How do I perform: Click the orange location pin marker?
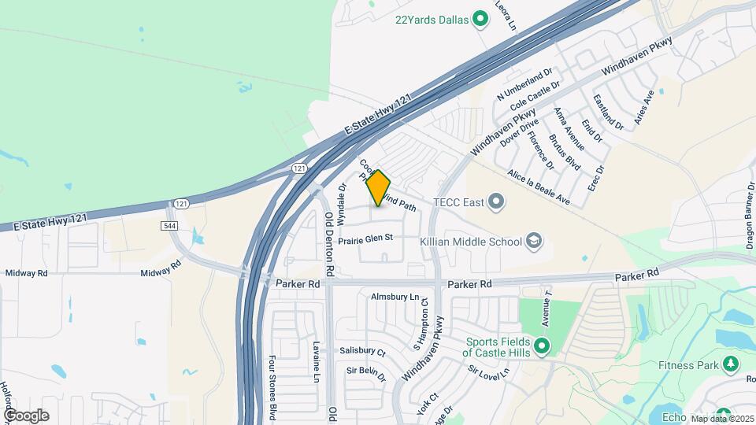(x=378, y=187)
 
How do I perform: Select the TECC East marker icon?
(x=495, y=203)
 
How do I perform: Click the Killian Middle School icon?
(x=534, y=240)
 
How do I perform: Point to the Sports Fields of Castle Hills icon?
(x=541, y=346)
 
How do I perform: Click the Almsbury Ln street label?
(x=395, y=297)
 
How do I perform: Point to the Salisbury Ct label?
(x=362, y=352)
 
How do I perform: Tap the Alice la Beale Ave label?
(x=539, y=187)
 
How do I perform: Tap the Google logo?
(x=26, y=415)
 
